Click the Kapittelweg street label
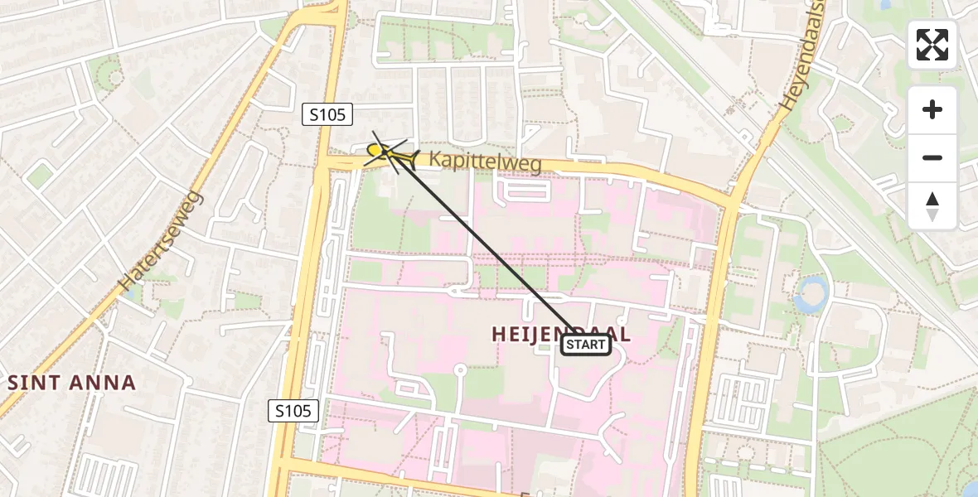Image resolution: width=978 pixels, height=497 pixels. (x=485, y=161)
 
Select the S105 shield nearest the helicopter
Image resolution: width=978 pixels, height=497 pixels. (x=327, y=115)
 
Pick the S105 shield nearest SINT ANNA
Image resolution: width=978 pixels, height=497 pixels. (x=294, y=410)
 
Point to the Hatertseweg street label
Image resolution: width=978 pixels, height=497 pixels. (x=162, y=240)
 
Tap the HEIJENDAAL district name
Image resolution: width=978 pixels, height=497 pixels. (x=561, y=334)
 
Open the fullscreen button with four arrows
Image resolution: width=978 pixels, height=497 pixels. (x=932, y=45)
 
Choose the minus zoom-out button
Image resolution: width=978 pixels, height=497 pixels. (x=932, y=157)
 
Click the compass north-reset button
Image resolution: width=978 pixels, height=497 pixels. (x=932, y=206)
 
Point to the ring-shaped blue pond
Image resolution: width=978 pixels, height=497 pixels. (x=811, y=293)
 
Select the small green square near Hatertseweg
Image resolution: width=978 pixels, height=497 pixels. (x=39, y=175)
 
